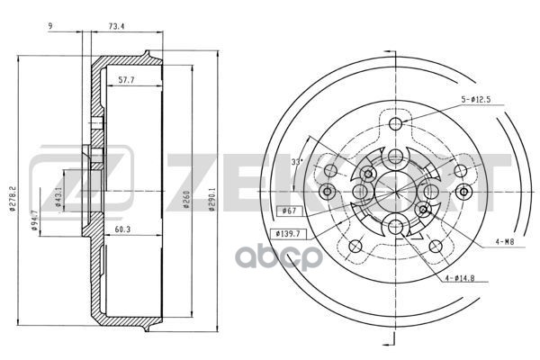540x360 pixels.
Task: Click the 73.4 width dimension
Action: pyautogui.click(x=116, y=26)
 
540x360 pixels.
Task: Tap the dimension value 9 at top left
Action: pyautogui.click(x=50, y=26)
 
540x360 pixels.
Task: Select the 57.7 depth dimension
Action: pyautogui.click(x=126, y=80)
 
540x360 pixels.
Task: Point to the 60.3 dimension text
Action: pyautogui.click(x=122, y=229)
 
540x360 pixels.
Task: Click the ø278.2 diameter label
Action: pyautogui.click(x=13, y=198)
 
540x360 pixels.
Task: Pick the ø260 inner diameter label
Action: pyautogui.click(x=186, y=200)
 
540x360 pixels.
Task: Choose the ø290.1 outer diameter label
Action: pyautogui.click(x=211, y=199)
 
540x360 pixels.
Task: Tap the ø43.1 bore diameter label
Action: pyautogui.click(x=58, y=197)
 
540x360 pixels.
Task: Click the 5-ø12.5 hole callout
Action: pyautogui.click(x=476, y=100)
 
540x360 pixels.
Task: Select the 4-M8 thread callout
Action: pyautogui.click(x=505, y=242)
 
